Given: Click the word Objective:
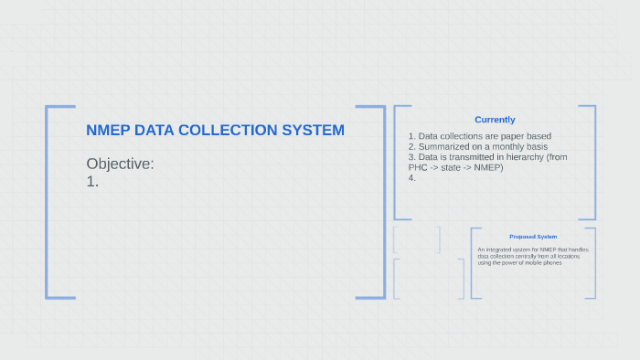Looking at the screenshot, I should tap(120, 164).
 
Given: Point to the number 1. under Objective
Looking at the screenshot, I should tap(92, 181).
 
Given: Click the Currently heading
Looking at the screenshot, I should tap(495, 120).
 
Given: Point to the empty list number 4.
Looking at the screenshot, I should tap(412, 177).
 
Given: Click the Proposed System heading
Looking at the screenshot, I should tap(533, 237).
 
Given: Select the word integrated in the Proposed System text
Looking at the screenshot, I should tap(501, 249).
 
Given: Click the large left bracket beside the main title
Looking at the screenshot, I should tap(48, 201).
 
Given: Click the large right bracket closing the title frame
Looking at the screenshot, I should tap(383, 201).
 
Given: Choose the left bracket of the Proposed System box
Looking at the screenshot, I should tap(472, 263).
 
